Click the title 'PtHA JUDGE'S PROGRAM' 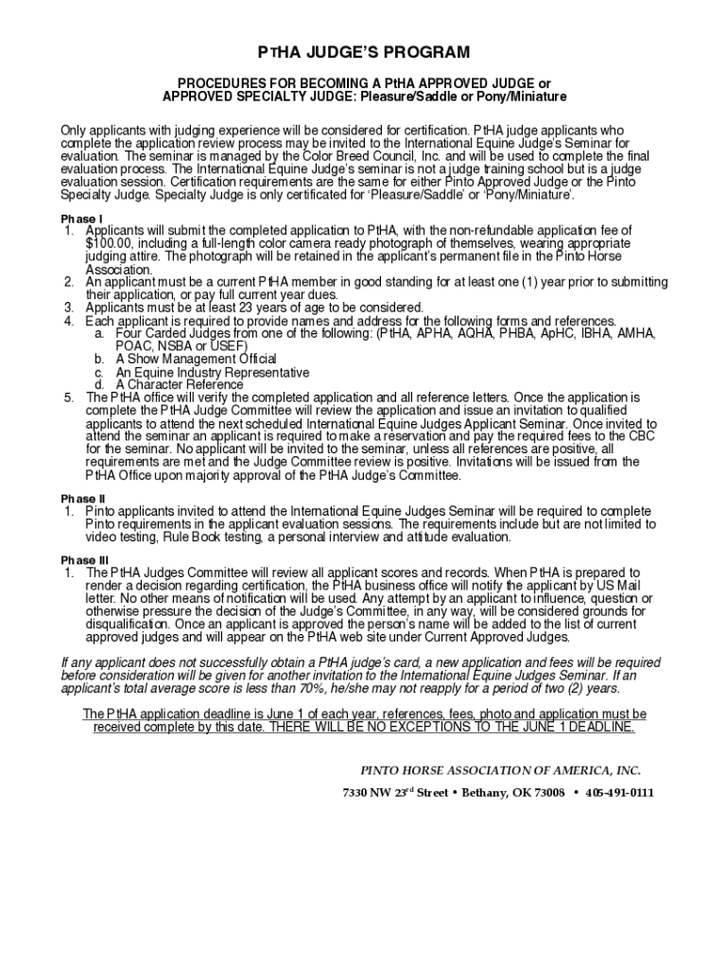pos(364,51)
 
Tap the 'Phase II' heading pos(83,499)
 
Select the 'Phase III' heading pos(85,560)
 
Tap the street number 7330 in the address pos(355,793)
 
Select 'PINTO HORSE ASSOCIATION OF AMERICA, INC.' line pos(493,769)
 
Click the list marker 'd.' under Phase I pos(99,385)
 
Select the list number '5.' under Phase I pos(69,397)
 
